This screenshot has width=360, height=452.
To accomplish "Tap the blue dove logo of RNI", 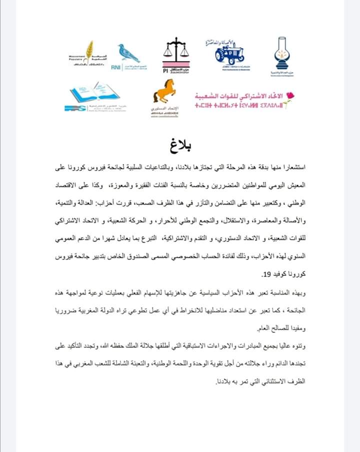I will click(128, 53).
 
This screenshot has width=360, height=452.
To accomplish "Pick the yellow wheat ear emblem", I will click(89, 51).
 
